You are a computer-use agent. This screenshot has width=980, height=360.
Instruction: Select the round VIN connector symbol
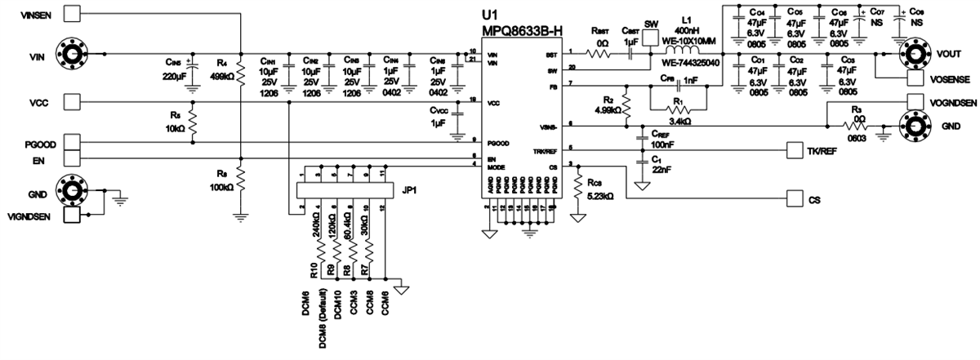(72, 55)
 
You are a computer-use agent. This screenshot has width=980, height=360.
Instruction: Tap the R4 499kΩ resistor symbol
(239, 69)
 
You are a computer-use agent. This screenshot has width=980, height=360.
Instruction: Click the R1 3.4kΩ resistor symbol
(678, 109)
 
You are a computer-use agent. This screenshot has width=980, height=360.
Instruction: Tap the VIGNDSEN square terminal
(72, 216)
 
